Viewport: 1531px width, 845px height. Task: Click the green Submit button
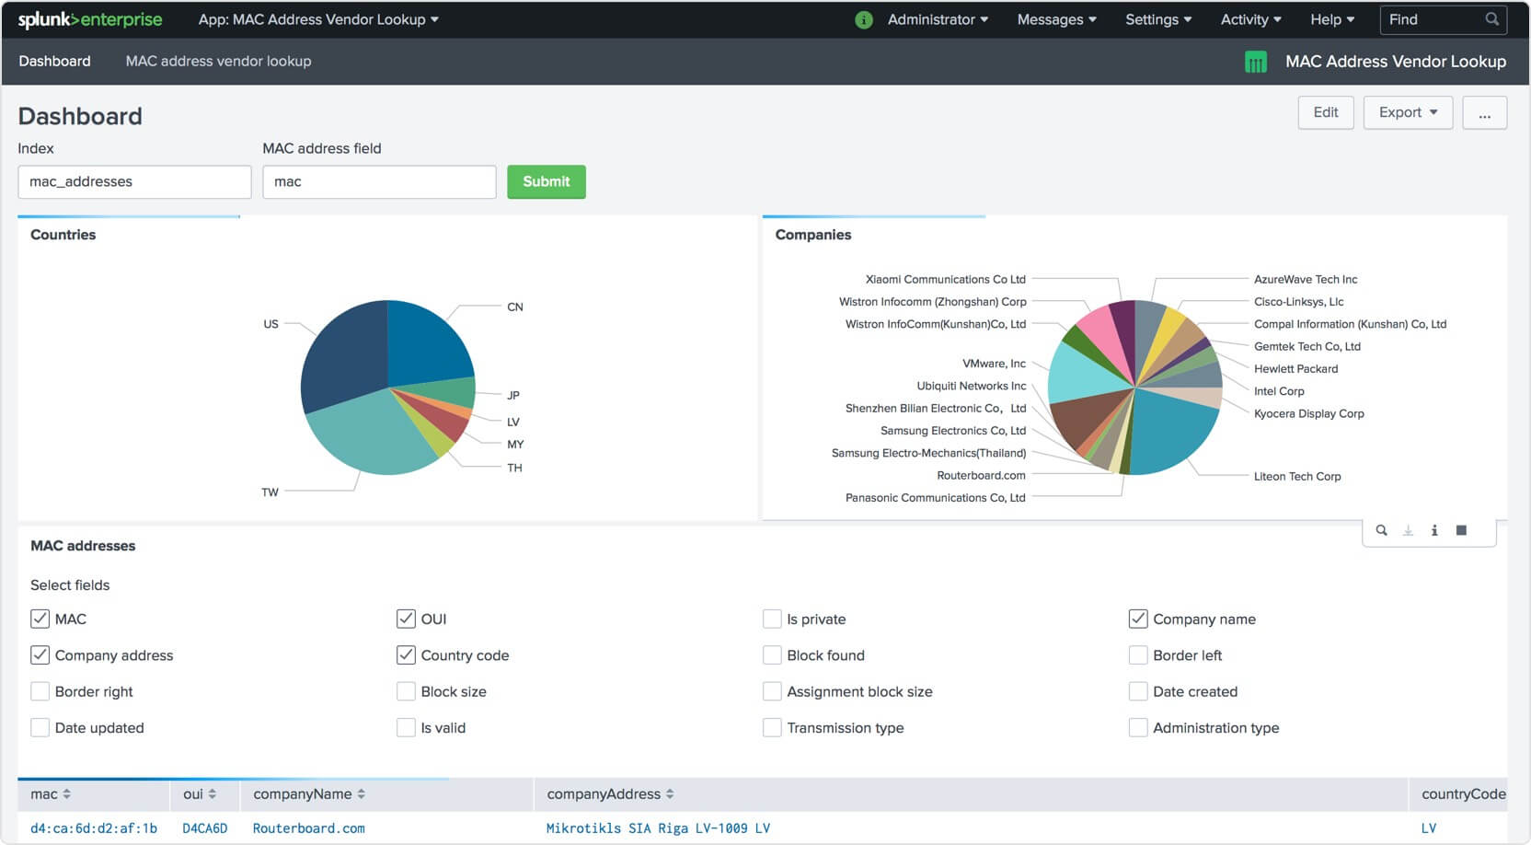tap(546, 181)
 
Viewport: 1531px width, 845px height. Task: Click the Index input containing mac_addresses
tap(134, 181)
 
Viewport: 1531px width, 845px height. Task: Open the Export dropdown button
tap(1407, 112)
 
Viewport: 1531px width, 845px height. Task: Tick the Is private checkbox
tap(772, 619)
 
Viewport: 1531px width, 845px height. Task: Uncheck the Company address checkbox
tap(40, 654)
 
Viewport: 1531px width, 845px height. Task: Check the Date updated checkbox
tap(40, 727)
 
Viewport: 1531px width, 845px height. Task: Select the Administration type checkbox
tap(1138, 727)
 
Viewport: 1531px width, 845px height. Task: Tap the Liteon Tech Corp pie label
tap(1296, 476)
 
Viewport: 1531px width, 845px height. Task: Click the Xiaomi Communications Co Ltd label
tap(945, 279)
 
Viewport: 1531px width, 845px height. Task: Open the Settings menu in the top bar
tap(1157, 19)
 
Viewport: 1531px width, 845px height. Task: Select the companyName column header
tap(303, 793)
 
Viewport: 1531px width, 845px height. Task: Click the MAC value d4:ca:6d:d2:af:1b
tap(94, 828)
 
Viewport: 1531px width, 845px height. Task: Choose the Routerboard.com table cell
tap(309, 828)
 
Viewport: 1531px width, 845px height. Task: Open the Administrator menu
tap(937, 19)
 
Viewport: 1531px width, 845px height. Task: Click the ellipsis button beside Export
tap(1484, 112)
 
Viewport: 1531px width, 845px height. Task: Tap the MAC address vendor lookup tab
tap(218, 61)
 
